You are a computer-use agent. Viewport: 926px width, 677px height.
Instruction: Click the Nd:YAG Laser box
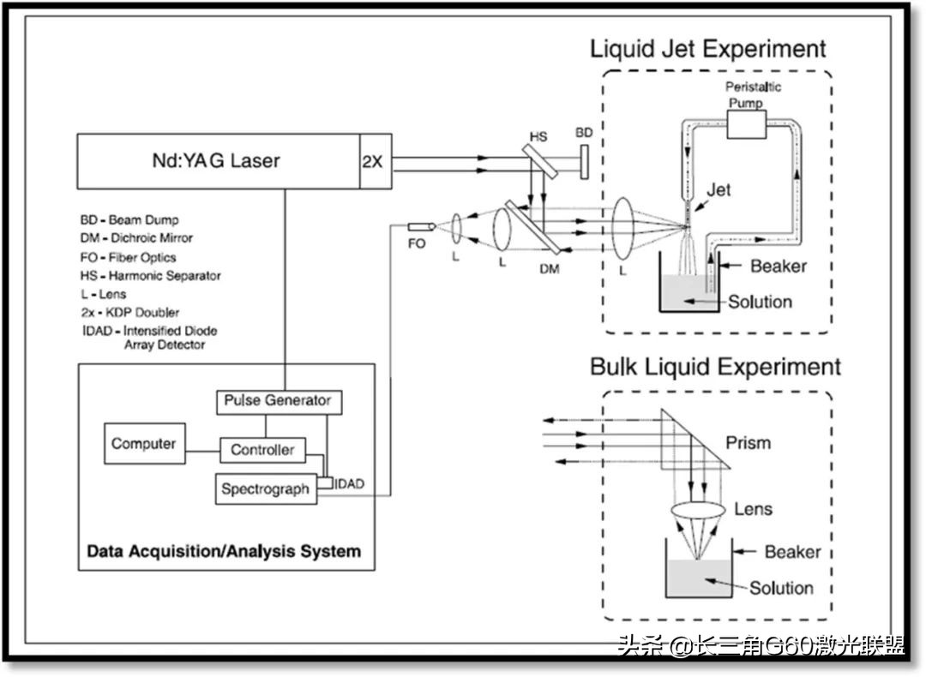219,161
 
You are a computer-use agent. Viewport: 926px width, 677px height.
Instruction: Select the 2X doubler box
376,161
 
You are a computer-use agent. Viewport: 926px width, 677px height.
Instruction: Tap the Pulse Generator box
279,402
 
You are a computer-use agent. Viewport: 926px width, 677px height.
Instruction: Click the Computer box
145,443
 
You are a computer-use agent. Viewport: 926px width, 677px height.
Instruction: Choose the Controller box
263,451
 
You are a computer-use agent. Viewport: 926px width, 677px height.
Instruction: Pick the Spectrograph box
266,489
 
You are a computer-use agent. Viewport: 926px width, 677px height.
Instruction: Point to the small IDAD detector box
326,482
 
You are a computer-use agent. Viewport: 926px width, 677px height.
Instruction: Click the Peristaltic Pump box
747,123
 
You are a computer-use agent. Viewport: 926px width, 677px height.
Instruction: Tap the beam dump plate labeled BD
584,160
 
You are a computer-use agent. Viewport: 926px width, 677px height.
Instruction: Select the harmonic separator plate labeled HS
538,160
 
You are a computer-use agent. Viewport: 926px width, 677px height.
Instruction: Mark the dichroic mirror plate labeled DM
532,226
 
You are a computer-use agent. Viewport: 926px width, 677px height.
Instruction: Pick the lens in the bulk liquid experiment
699,511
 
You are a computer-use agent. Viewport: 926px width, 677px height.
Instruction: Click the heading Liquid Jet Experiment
708,48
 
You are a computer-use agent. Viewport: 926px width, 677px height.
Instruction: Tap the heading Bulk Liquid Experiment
715,367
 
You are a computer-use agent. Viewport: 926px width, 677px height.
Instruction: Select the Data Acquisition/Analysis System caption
224,551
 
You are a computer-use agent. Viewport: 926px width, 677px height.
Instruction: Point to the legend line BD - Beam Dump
129,220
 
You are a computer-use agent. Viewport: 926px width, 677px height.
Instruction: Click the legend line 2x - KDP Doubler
130,312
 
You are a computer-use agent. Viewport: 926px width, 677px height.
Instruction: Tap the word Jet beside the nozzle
719,190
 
